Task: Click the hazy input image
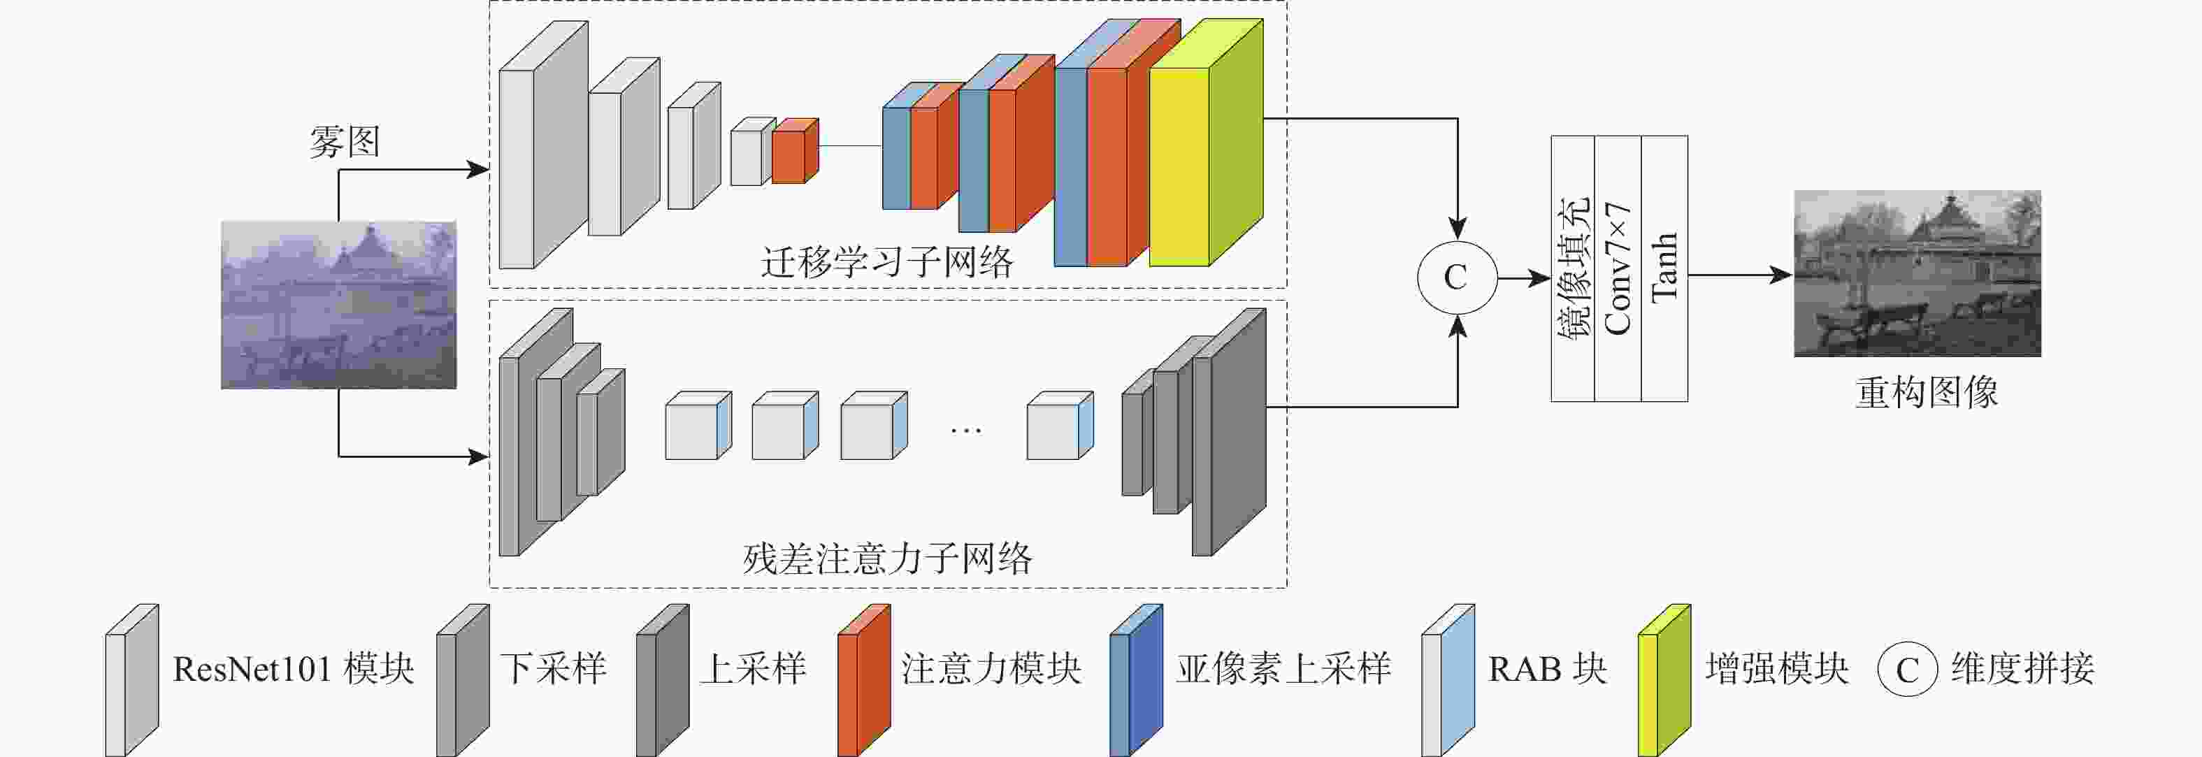tap(338, 305)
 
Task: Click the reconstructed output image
tap(1917, 273)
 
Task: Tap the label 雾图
tap(345, 142)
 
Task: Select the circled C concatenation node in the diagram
tap(1457, 277)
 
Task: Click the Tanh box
tap(1664, 268)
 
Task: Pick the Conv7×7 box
tap(1618, 268)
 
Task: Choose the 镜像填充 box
tap(1573, 268)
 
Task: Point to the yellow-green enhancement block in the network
tap(1206, 143)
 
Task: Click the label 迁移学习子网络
tap(887, 262)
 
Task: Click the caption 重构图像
tap(1927, 393)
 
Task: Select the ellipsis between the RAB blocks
tap(966, 431)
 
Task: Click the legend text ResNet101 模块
tap(293, 669)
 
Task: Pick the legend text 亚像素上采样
tap(1283, 669)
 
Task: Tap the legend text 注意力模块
tap(991, 669)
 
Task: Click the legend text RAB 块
tap(1547, 669)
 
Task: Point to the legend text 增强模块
tap(1777, 669)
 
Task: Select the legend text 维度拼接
tap(2022, 669)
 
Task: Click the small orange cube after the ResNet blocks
tap(795, 151)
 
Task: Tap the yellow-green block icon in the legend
tap(1664, 680)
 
